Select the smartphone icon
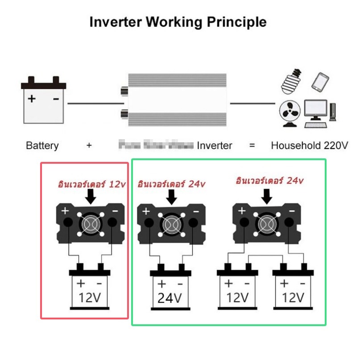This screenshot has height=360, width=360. (x=320, y=82)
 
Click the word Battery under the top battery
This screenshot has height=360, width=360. (x=42, y=145)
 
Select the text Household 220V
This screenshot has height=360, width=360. (x=310, y=145)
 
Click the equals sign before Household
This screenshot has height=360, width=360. (x=252, y=145)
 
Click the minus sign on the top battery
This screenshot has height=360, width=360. (x=56, y=99)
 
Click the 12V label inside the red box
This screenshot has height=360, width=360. (x=90, y=297)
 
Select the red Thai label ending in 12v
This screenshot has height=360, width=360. (x=91, y=184)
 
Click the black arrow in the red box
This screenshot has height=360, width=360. (x=91, y=195)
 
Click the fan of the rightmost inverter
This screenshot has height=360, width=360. (x=266, y=223)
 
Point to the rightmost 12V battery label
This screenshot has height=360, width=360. (x=293, y=297)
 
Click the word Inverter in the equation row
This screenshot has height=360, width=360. (x=215, y=145)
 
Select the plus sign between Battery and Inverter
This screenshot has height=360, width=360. (x=89, y=145)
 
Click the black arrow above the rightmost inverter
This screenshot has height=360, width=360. (x=267, y=194)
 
